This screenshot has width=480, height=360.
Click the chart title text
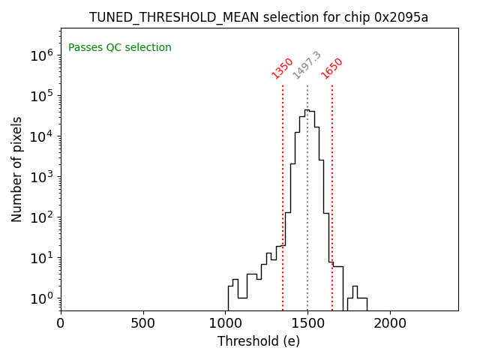(259, 17)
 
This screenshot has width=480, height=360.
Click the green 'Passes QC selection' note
(120, 48)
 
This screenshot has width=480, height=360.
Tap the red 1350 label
(283, 68)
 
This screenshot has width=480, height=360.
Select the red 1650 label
(332, 68)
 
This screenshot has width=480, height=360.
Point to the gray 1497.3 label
(307, 65)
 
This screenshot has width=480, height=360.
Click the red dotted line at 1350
(283, 187)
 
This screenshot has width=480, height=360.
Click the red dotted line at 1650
(332, 187)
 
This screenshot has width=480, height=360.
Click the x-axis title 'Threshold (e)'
(259, 341)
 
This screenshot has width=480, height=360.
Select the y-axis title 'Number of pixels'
(17, 169)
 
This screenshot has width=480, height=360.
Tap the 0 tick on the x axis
(61, 324)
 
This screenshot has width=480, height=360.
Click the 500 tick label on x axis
(143, 324)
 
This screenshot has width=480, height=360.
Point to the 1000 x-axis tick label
(225, 324)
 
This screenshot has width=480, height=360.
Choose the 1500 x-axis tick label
(307, 324)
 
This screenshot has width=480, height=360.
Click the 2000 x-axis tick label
(390, 324)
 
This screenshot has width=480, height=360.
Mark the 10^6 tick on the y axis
(41, 55)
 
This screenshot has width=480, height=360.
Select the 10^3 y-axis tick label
(41, 177)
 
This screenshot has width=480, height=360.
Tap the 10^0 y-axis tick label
(41, 298)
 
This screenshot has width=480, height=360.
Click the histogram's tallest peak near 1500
(307, 110)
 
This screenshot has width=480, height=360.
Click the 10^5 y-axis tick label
(41, 95)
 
